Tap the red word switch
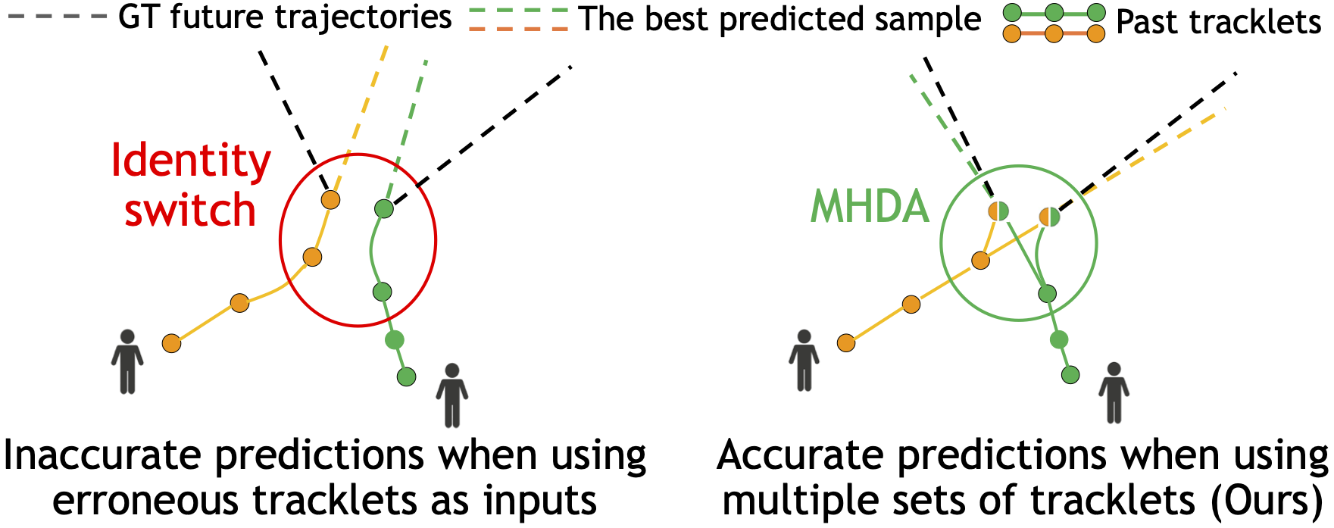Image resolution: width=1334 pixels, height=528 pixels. (190, 209)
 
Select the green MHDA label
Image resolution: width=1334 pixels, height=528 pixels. (870, 206)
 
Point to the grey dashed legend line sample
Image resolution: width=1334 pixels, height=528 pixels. (57, 17)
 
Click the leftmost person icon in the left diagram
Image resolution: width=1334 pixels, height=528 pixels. (127, 361)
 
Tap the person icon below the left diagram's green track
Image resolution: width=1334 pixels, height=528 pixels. (452, 395)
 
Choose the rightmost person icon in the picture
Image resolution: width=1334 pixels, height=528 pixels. (1114, 392)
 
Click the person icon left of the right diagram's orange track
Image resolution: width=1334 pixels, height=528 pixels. (804, 361)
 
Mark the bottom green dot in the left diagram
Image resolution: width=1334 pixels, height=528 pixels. (407, 376)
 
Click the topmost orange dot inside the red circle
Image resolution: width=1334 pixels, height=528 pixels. (330, 200)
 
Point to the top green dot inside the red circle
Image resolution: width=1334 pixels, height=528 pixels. (384, 208)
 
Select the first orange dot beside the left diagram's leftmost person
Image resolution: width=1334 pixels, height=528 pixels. (172, 344)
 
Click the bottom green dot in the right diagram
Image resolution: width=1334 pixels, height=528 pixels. (1070, 374)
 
